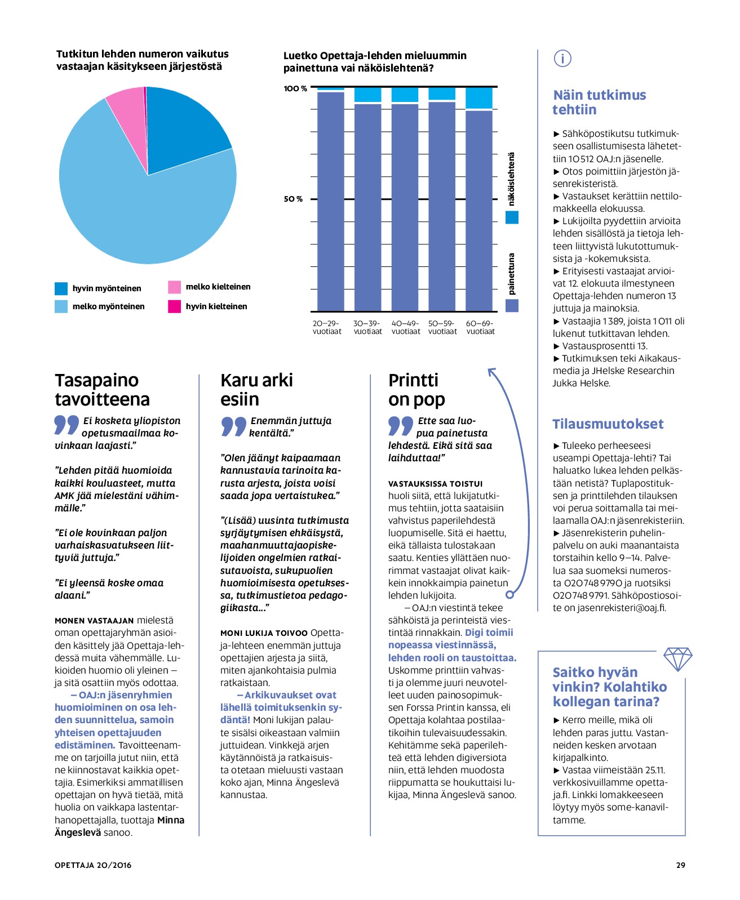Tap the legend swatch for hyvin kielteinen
[x=174, y=306]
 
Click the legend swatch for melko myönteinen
[x=61, y=306]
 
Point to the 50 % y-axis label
[x=293, y=199]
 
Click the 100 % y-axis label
[x=295, y=88]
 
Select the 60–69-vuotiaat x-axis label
[x=480, y=327]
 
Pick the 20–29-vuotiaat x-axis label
[x=327, y=327]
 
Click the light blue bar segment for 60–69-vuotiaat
[x=478, y=98]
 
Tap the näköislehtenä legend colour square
[x=512, y=217]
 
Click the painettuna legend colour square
[x=512, y=306]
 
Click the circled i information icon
[x=562, y=59]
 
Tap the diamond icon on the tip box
[x=677, y=659]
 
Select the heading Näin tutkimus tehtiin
[x=599, y=103]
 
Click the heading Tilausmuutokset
[x=608, y=424]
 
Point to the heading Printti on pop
[x=416, y=390]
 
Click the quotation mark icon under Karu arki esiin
[x=233, y=426]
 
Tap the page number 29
[x=681, y=865]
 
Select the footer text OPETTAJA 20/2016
[x=92, y=865]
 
